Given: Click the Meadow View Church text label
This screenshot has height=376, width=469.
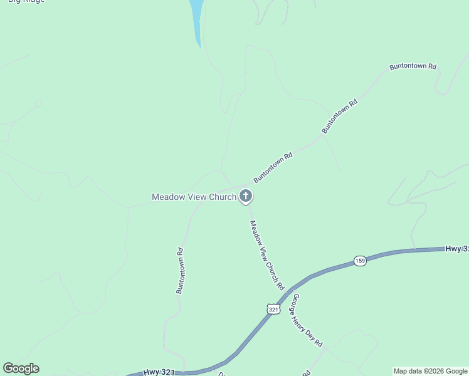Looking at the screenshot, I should (x=194, y=197).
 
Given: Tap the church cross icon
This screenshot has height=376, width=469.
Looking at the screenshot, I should (x=246, y=197).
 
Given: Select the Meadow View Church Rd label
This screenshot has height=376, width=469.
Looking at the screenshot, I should (x=267, y=255).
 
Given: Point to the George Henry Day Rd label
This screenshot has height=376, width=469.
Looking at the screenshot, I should (x=307, y=321).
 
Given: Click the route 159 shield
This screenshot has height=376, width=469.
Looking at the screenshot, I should (x=359, y=261).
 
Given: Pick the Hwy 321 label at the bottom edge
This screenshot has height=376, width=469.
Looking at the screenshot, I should (x=159, y=372).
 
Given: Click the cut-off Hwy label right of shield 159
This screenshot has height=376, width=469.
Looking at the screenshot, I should (x=456, y=249).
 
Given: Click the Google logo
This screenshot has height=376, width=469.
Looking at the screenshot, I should (x=21, y=368).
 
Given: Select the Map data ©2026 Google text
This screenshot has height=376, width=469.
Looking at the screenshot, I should (x=430, y=371).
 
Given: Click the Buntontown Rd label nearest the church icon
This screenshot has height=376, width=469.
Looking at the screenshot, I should (x=273, y=167).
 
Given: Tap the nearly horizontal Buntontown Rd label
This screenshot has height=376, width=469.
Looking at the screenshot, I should (x=412, y=66).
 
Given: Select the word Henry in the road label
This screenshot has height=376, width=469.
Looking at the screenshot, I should (x=304, y=319).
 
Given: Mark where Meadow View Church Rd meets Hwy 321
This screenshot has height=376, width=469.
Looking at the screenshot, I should (x=288, y=291).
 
